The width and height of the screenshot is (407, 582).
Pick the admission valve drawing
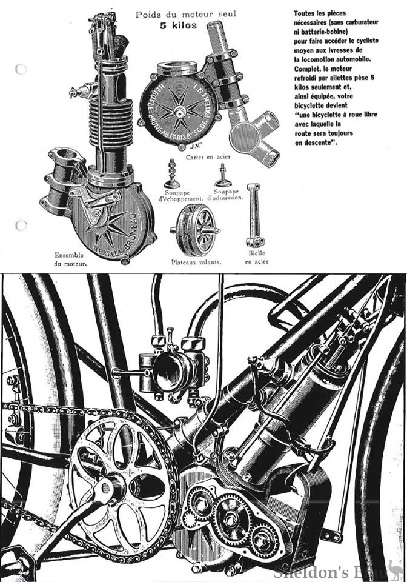(222, 175)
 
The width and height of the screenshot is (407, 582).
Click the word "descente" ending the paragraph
(316, 143)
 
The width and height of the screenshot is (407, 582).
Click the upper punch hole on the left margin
(21, 68)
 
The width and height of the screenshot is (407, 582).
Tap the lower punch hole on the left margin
(21, 226)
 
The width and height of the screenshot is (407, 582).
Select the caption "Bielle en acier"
(257, 257)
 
